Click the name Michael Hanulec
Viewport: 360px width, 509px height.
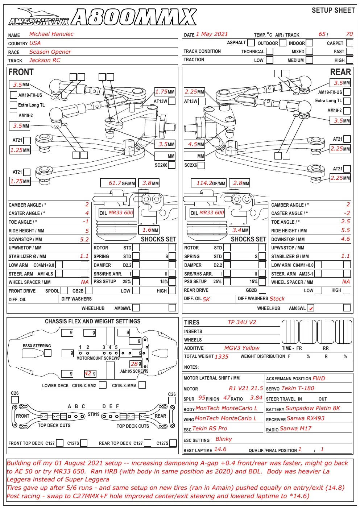pyautogui.click(x=51, y=34)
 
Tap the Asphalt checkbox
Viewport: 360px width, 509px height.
pyautogui.click(x=251, y=42)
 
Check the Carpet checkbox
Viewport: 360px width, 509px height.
pyautogui.click(x=349, y=43)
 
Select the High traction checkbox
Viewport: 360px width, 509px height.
pyautogui.click(x=349, y=60)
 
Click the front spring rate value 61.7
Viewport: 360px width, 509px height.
pyautogui.click(x=115, y=183)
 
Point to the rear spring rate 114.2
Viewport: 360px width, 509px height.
pyautogui.click(x=204, y=183)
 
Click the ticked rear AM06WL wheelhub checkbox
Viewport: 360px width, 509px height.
pyautogui.click(x=310, y=308)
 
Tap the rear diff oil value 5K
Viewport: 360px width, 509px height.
pyautogui.click(x=206, y=299)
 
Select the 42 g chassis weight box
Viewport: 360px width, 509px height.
pyautogui.click(x=90, y=373)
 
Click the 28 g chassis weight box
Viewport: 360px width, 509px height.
pyautogui.click(x=136, y=364)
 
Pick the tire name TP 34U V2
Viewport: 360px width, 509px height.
pyautogui.click(x=242, y=322)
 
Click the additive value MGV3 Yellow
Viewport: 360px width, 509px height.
pyautogui.click(x=242, y=348)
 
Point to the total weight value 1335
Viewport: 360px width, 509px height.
pyautogui.click(x=222, y=356)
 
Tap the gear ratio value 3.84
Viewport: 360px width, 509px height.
pyautogui.click(x=256, y=398)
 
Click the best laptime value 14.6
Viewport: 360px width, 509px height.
pyautogui.click(x=220, y=449)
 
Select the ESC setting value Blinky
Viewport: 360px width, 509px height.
pyautogui.click(x=224, y=439)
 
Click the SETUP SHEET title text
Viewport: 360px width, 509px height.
pyautogui.click(x=333, y=10)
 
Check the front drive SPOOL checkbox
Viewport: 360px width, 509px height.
pyautogui.click(x=64, y=290)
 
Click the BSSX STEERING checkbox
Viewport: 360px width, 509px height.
pyautogui.click(x=47, y=353)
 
